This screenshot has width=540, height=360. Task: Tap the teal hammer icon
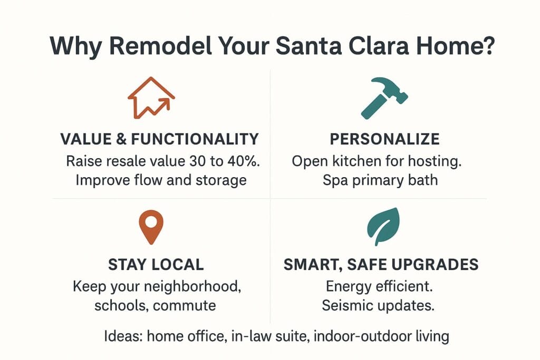(384, 99)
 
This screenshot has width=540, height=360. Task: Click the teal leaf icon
(383, 226)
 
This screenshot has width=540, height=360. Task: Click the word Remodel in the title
(160, 46)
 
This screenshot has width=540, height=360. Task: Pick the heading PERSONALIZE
(384, 139)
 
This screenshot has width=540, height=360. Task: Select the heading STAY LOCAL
(156, 265)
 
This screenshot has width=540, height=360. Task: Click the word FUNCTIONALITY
(195, 139)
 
